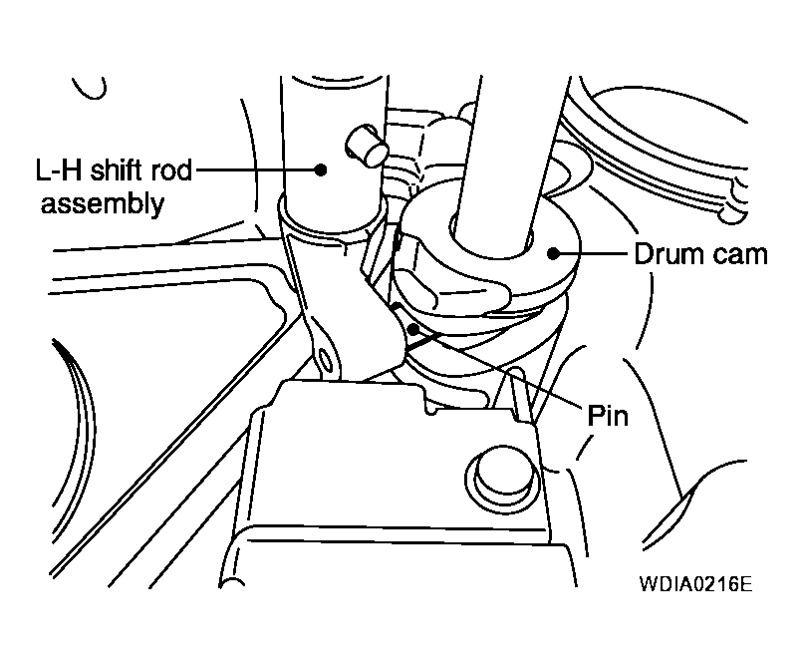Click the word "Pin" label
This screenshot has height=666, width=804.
tap(607, 414)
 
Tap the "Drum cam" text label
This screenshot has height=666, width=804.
tap(701, 254)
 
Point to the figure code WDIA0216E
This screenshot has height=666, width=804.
tap(688, 582)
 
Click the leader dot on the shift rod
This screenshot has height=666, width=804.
tap(320, 169)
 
